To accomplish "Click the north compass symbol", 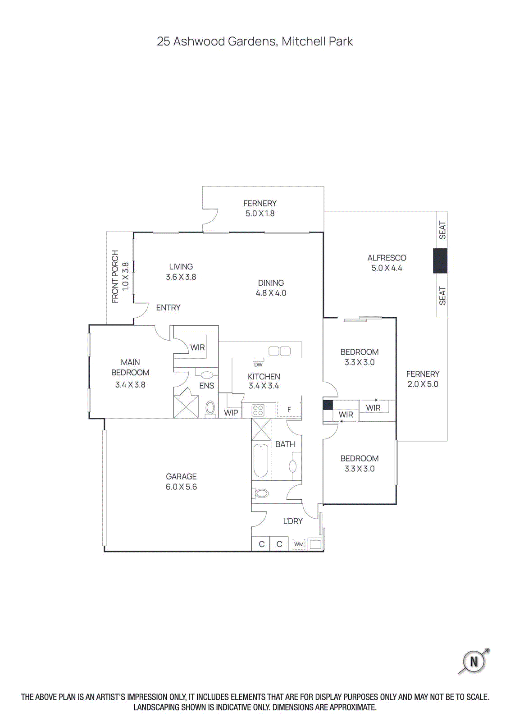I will pos(474,662).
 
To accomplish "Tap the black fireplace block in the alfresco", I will pos(440,260).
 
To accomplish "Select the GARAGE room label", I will pos(181,476).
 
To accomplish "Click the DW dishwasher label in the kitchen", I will pos(258,365).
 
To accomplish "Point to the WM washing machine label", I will pos(299,544).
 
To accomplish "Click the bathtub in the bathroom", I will pos(261,461).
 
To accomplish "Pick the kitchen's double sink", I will pos(279,351).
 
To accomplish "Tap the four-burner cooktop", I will pos(258,410).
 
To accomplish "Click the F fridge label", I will pos(289,410).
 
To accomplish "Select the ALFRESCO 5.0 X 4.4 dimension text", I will pos(387,268).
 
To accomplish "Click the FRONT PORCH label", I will pos(115,276).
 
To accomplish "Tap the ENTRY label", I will pos(168,308).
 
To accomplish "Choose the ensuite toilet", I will pos(210,408).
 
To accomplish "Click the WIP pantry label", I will pos(231,412).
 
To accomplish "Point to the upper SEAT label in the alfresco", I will pos(442,230).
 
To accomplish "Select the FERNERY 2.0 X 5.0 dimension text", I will pos(423,384).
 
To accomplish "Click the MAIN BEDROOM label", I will pos(130,367).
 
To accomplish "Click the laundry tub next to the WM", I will pos(315,544).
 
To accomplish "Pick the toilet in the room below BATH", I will pos(261,493).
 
